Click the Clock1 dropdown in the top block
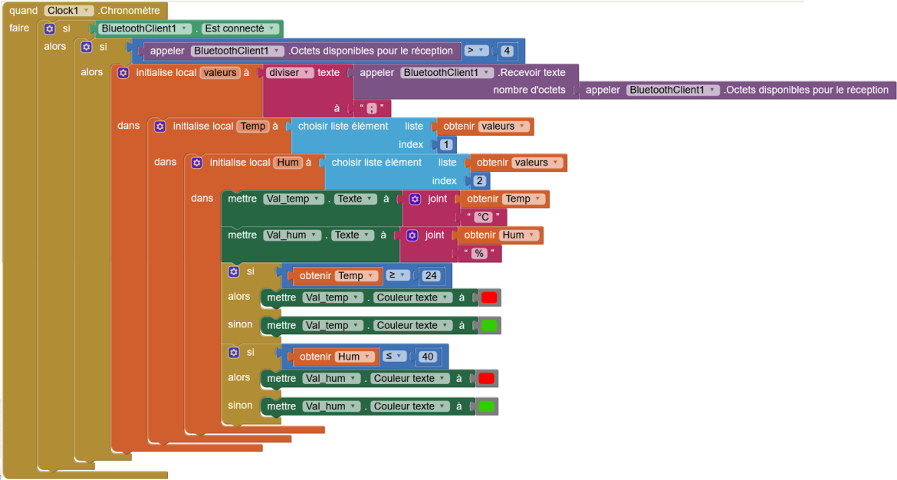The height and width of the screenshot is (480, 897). click(69, 10)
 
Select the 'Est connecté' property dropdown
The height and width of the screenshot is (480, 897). click(240, 28)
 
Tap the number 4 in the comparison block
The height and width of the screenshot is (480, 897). click(507, 51)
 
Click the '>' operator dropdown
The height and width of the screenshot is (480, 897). click(475, 51)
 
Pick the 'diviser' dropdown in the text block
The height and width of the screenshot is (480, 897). click(289, 73)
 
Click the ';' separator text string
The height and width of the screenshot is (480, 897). click(372, 108)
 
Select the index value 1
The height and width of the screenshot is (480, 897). click(446, 145)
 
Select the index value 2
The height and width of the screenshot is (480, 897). click(479, 181)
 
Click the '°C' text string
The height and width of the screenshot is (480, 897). click(484, 217)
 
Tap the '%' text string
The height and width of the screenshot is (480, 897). click(479, 254)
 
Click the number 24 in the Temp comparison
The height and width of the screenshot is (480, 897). click(431, 276)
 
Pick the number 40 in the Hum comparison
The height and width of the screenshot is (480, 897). click(427, 357)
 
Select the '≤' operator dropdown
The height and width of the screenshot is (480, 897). click(394, 356)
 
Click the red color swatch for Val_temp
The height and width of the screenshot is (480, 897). click(489, 298)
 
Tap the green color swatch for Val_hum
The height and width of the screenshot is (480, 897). click(486, 406)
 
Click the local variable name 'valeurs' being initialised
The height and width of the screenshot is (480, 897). click(220, 73)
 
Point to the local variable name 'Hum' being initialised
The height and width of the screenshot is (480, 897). click(287, 163)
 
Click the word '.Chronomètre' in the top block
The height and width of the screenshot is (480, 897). click(130, 10)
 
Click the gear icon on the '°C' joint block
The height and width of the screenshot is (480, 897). click(416, 199)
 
